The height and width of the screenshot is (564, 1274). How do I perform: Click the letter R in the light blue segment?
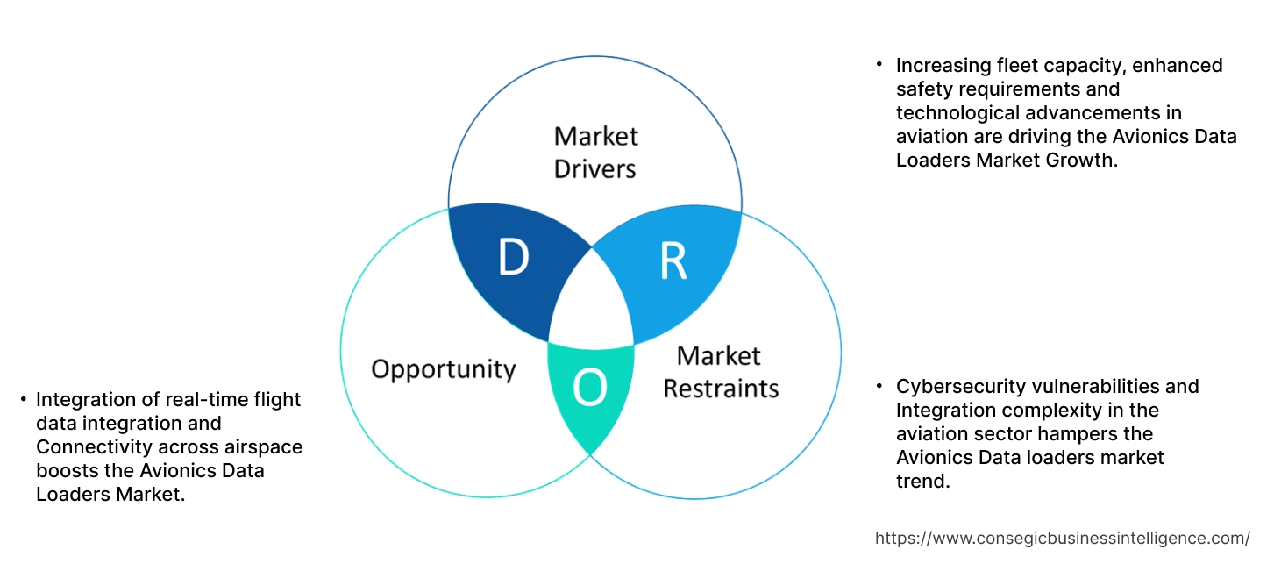click(x=673, y=261)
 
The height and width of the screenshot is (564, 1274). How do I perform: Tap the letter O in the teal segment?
click(x=589, y=389)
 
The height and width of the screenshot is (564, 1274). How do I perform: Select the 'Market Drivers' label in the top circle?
click(x=595, y=152)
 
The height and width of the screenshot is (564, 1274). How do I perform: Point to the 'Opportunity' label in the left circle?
click(x=443, y=368)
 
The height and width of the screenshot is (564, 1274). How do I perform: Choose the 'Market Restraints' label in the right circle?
click(x=720, y=372)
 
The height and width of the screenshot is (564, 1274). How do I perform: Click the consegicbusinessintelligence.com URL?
click(x=1063, y=538)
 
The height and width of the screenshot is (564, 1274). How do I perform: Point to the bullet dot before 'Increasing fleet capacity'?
click(x=879, y=65)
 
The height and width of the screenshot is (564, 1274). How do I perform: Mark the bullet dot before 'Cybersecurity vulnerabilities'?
click(x=879, y=386)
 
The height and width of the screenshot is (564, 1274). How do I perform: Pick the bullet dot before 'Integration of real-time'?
click(x=23, y=400)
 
